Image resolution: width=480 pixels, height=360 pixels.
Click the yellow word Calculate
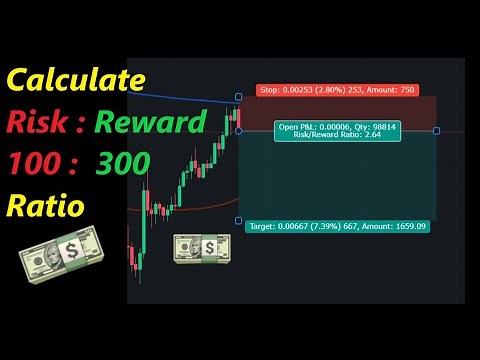click(76, 80)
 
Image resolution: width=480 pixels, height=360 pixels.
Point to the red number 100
click(36, 164)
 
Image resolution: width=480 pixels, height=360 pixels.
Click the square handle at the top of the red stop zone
click(238, 97)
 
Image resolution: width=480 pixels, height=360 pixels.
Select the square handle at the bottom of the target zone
click(238, 220)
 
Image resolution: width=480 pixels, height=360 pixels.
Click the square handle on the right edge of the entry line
click(436, 131)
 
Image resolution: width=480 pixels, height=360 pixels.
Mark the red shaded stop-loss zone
click(340, 113)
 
